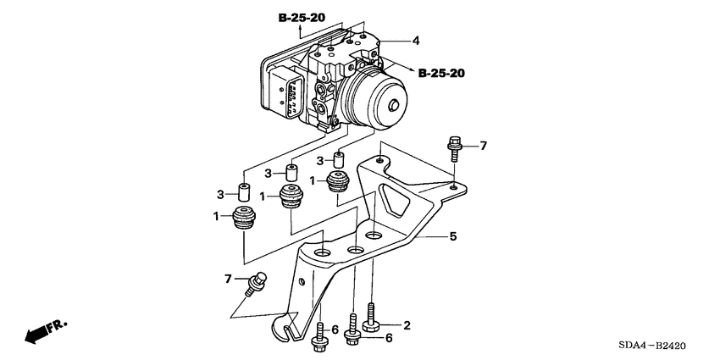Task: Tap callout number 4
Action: click(415, 40)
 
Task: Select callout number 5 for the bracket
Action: click(452, 237)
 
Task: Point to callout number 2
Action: click(407, 324)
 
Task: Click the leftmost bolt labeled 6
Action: click(320, 336)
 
